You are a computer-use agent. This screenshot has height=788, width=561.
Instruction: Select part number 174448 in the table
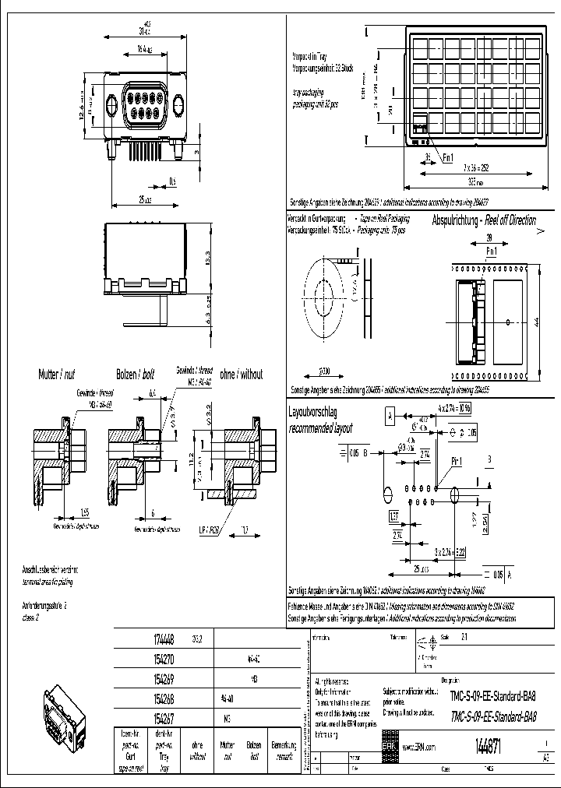pos(161,639)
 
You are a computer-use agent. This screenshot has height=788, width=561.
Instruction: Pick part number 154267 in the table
pos(161,713)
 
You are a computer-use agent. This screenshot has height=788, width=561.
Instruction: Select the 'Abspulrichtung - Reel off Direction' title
pos(484,220)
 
